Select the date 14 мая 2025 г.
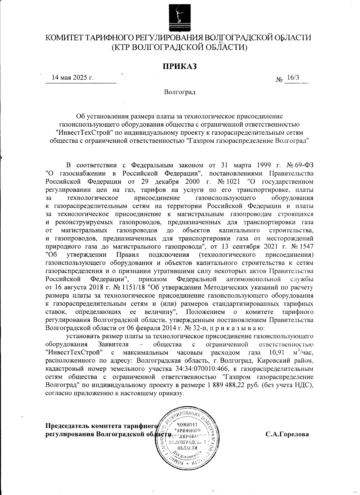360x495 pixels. [x=73, y=77]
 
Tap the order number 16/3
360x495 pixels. [x=292, y=77]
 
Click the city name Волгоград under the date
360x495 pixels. [x=180, y=92]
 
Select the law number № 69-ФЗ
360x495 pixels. [x=300, y=165]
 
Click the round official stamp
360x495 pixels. [x=188, y=434]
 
